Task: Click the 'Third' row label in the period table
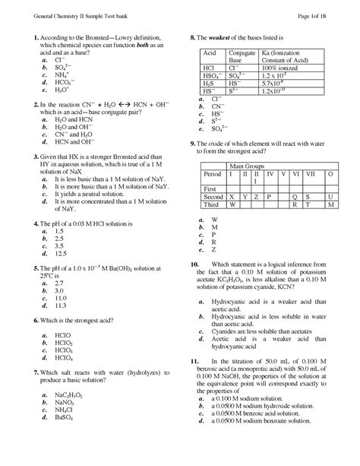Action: tap(212, 205)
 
